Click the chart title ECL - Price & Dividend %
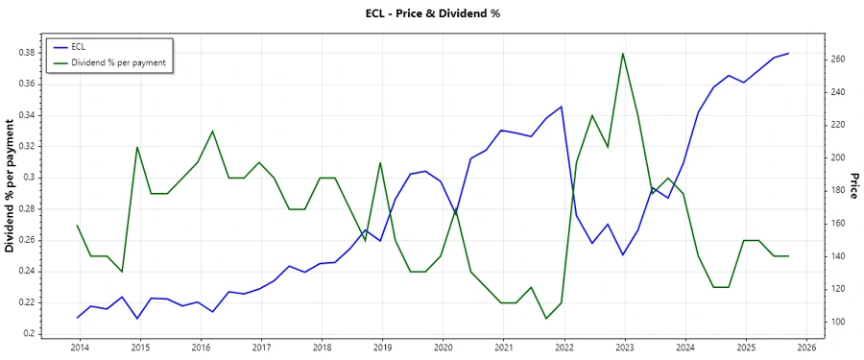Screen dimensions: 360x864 (x=433, y=13)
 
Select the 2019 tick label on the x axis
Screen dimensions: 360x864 (x=381, y=347)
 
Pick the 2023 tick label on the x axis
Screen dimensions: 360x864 (x=624, y=347)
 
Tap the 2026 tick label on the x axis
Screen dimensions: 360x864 (x=806, y=347)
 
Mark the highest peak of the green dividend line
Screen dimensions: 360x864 (x=623, y=53)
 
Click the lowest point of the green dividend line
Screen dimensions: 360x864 (x=546, y=319)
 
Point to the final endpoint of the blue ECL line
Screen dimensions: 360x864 (x=788, y=54)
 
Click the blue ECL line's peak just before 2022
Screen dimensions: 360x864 (x=562, y=107)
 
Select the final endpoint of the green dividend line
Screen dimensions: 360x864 (x=788, y=256)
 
